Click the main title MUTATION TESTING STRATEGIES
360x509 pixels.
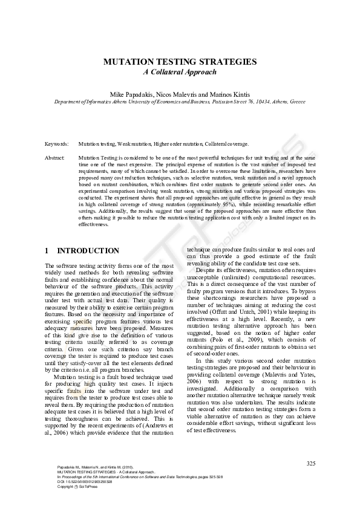(x=180, y=62)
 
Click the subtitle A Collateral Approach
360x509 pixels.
(x=180, y=72)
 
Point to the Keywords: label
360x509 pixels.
(x=56, y=144)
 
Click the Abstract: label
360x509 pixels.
(x=55, y=157)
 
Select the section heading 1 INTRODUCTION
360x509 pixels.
(x=82, y=251)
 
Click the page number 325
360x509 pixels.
(x=311, y=464)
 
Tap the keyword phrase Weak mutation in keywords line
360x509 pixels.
(x=134, y=144)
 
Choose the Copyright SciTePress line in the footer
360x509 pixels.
(x=76, y=487)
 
